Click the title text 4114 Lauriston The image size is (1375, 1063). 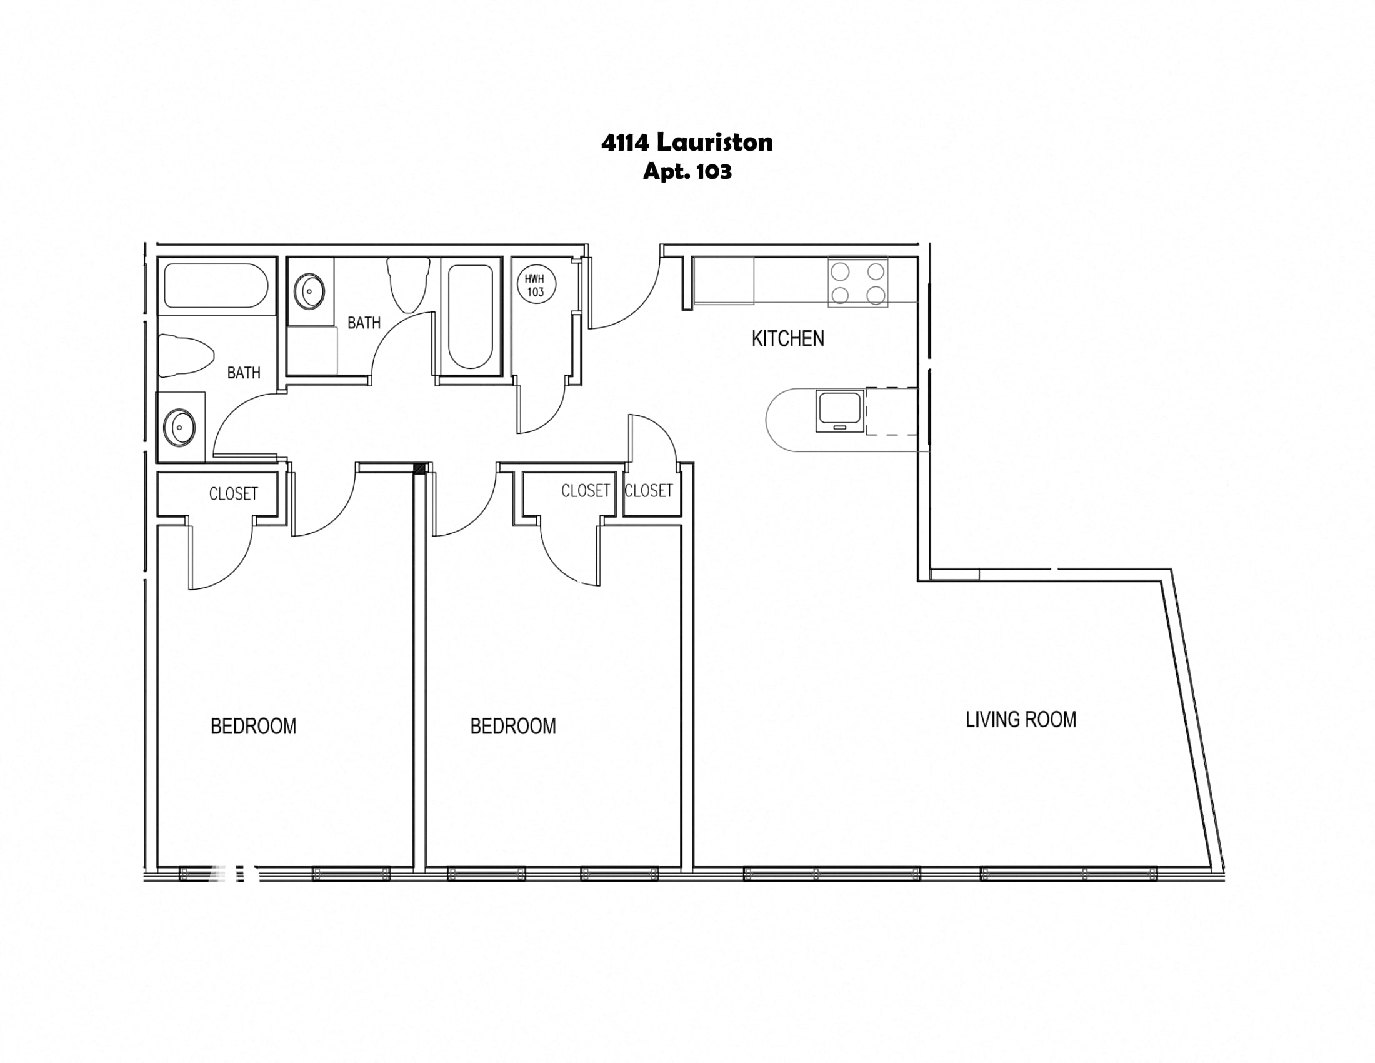(687, 143)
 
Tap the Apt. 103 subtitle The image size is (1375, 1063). (687, 171)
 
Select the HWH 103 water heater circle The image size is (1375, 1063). (536, 285)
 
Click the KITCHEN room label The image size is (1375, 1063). (787, 339)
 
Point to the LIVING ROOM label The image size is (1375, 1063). (1021, 719)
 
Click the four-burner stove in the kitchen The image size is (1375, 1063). (857, 283)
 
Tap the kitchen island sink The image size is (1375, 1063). (839, 411)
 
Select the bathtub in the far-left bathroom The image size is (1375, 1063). (216, 285)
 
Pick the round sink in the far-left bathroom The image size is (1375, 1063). (180, 427)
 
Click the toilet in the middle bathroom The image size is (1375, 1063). (409, 285)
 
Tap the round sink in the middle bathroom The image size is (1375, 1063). (309, 291)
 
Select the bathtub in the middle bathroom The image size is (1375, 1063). (470, 316)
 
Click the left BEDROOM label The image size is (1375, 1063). (253, 726)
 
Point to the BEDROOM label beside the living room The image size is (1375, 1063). (513, 726)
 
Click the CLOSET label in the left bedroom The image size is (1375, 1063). (234, 494)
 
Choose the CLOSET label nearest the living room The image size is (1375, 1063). (649, 491)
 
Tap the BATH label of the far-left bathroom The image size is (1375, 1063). (244, 373)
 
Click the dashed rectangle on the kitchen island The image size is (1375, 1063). (891, 411)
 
